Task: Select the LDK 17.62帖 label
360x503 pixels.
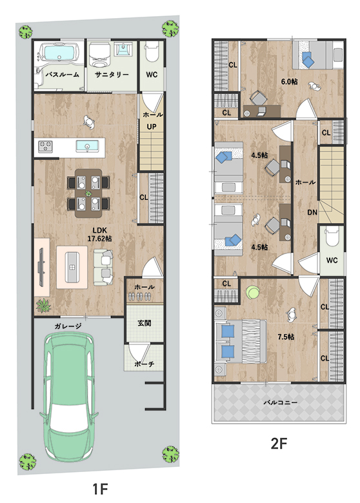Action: (x=100, y=235)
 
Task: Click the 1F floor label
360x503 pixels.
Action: (x=100, y=489)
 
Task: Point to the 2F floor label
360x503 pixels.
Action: (x=279, y=444)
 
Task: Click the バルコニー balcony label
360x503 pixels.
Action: (x=281, y=402)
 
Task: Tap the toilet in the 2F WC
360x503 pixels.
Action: (x=332, y=237)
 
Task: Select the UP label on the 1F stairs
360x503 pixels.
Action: (x=152, y=126)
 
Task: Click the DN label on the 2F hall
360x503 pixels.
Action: (x=312, y=212)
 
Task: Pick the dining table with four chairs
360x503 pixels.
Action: (x=88, y=193)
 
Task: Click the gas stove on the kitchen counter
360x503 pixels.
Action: (x=45, y=147)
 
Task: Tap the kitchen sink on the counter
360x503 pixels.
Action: (x=87, y=146)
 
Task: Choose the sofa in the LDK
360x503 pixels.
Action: (x=103, y=268)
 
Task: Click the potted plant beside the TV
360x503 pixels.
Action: (x=43, y=305)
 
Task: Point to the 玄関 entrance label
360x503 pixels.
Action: (x=145, y=323)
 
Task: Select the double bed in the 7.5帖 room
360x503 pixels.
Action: (x=241, y=341)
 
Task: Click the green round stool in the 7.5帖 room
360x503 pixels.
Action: (x=253, y=293)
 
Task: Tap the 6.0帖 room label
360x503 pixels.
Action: (x=289, y=81)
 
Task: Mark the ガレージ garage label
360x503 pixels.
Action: (x=68, y=326)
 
